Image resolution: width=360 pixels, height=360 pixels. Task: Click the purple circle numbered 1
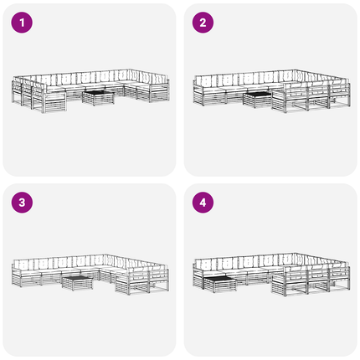pos(22,23)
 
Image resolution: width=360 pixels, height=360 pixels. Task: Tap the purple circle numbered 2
pos(203,23)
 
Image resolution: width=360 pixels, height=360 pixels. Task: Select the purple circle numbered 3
pos(22,203)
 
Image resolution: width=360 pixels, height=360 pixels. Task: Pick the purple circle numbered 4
pos(203,203)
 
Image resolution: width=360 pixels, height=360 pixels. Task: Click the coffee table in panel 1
pos(98,98)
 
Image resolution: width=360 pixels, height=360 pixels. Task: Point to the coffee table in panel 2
pos(257,100)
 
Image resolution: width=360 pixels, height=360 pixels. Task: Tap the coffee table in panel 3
pos(77,283)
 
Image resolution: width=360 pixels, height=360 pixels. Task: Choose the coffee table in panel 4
pos(220,284)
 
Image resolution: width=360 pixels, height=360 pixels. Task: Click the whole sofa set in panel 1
pos(90,90)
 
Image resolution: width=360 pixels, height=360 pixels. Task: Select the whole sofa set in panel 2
pos(272,91)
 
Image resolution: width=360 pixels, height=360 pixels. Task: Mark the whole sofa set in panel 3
pos(90,275)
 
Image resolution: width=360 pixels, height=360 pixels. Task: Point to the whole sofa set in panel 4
pos(272,275)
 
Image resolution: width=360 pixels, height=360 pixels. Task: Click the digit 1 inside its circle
pos(22,23)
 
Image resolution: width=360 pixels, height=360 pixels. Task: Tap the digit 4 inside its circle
pos(203,203)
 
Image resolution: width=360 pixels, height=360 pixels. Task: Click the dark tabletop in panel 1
pos(98,92)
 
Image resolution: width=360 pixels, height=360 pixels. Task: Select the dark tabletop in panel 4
pos(219,278)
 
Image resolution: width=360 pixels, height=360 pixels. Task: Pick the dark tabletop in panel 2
pos(257,94)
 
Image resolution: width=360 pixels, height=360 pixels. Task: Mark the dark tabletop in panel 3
pos(77,278)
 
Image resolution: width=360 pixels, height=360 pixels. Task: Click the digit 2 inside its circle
pos(203,23)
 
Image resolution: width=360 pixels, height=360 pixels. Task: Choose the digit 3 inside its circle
pos(22,203)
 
